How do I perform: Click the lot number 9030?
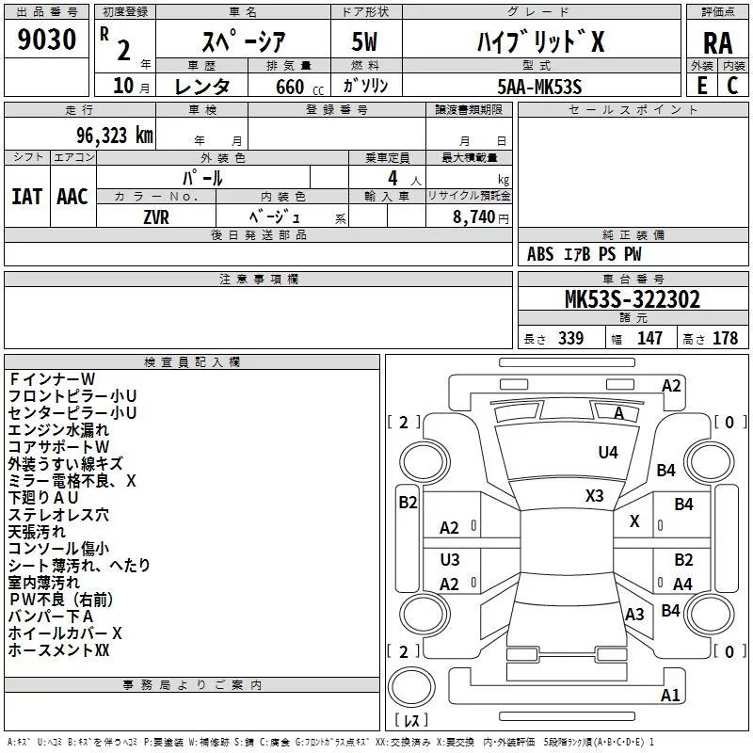click(46, 40)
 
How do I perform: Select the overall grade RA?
click(717, 43)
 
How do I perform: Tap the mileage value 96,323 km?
click(115, 136)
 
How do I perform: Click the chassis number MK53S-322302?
click(633, 299)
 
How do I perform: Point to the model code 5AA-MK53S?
click(539, 87)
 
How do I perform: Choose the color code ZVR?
click(156, 217)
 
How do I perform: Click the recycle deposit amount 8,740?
click(473, 217)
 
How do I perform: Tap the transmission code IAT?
click(26, 197)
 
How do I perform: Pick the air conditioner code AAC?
click(72, 197)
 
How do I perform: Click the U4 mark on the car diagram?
click(608, 452)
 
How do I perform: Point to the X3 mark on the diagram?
click(595, 495)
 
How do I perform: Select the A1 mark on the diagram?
click(670, 695)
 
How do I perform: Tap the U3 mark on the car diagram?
click(450, 559)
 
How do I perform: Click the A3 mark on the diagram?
click(634, 615)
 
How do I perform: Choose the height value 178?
click(725, 338)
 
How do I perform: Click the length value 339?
click(571, 338)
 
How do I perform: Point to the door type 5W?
click(364, 41)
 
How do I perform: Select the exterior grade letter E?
click(702, 86)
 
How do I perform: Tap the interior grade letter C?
click(733, 86)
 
